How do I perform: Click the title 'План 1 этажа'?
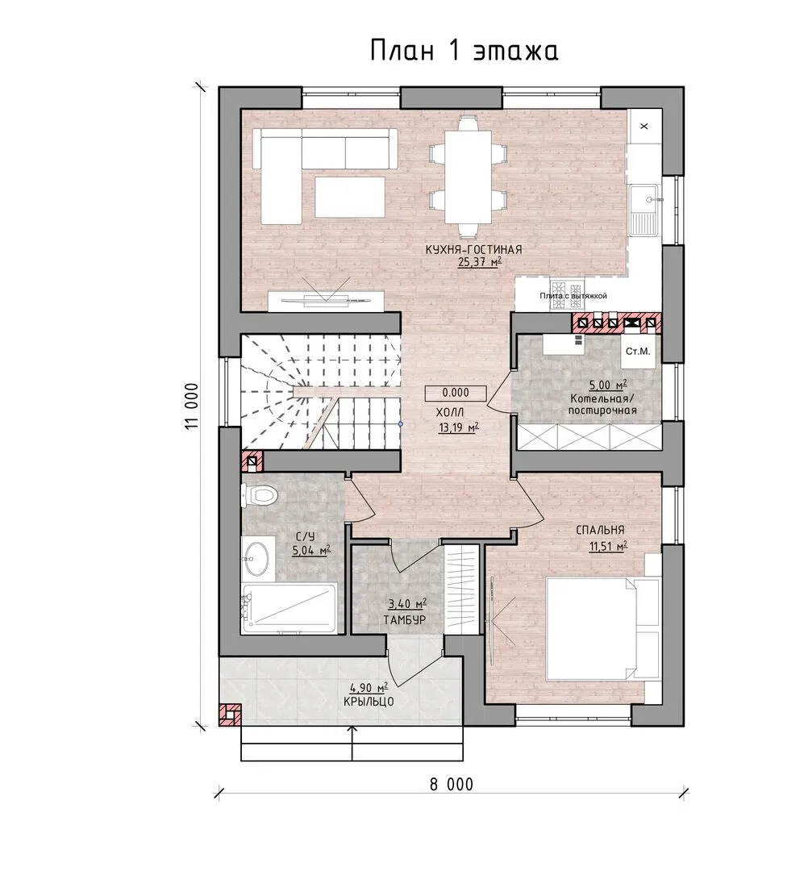point(464,51)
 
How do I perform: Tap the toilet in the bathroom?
point(258,494)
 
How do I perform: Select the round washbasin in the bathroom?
point(256,558)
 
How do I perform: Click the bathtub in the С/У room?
point(289,608)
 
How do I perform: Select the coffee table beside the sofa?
point(350,197)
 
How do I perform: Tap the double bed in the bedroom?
point(602,628)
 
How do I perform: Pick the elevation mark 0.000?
point(456,393)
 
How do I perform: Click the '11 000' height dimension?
point(191,406)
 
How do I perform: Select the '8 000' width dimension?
point(452,785)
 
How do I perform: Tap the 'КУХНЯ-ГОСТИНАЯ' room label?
point(473,250)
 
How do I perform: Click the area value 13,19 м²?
point(459,427)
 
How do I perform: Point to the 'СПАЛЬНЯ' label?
point(600,531)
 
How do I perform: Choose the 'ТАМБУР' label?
point(404,619)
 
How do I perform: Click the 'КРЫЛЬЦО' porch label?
point(369,702)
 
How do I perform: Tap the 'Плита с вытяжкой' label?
point(573,295)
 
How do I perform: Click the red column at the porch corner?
point(230,715)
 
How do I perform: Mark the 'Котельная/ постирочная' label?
point(602,404)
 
